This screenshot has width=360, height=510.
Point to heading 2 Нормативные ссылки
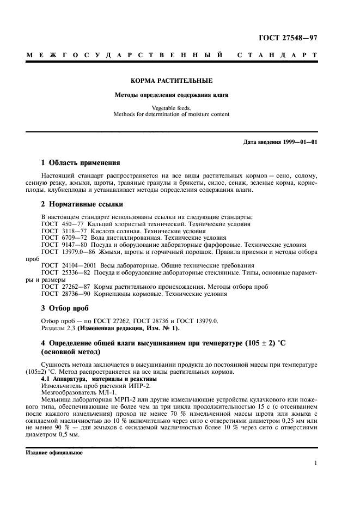pyautogui.click(x=82, y=204)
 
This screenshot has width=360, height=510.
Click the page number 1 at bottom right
pyautogui.click(x=315, y=464)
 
